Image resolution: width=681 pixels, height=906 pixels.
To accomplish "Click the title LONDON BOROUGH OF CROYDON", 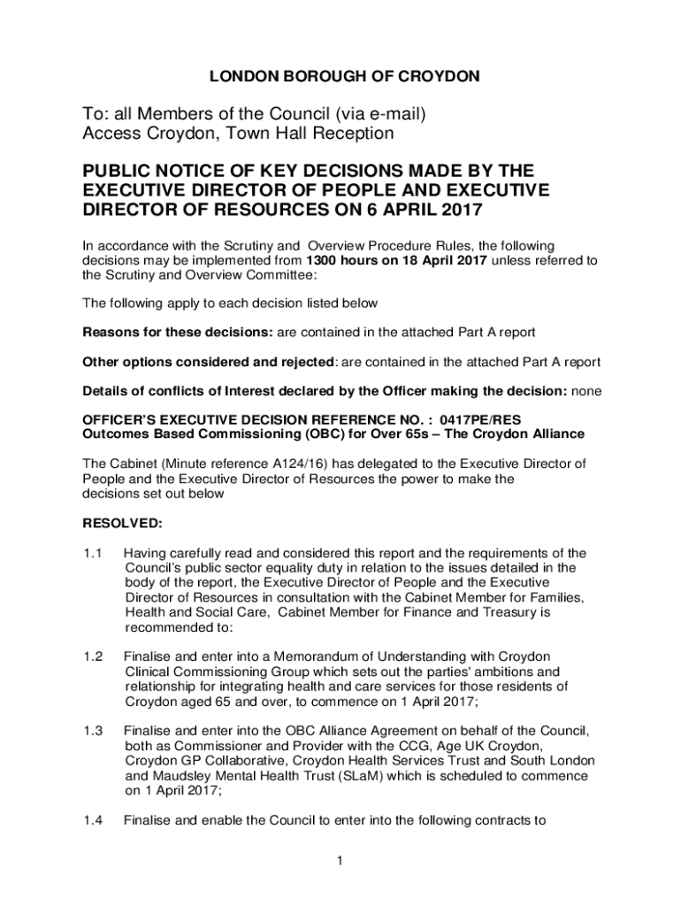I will [345, 77].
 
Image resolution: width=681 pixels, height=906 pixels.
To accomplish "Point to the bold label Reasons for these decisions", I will [178, 333].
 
